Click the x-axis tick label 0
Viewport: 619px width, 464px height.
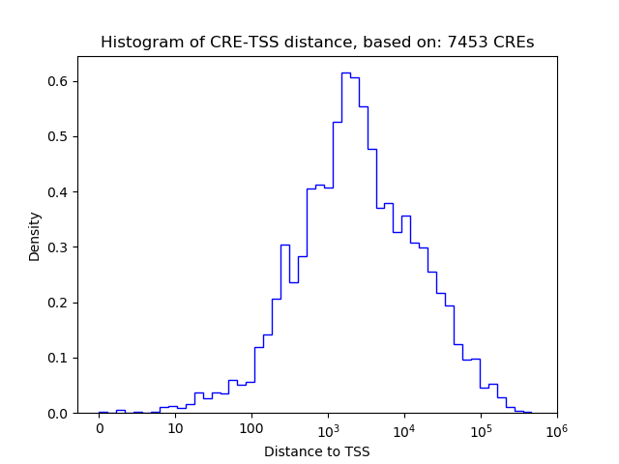99,428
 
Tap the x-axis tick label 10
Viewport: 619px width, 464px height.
175,428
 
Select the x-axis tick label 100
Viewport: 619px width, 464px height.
251,428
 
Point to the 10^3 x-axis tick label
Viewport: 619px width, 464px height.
328,427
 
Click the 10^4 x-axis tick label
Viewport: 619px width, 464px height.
404,427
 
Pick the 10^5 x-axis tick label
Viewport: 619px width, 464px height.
481,427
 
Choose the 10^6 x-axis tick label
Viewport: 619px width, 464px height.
556,427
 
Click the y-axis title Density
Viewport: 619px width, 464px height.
35,235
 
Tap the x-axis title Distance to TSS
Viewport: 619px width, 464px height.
317,450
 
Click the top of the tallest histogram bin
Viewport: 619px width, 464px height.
345,72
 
